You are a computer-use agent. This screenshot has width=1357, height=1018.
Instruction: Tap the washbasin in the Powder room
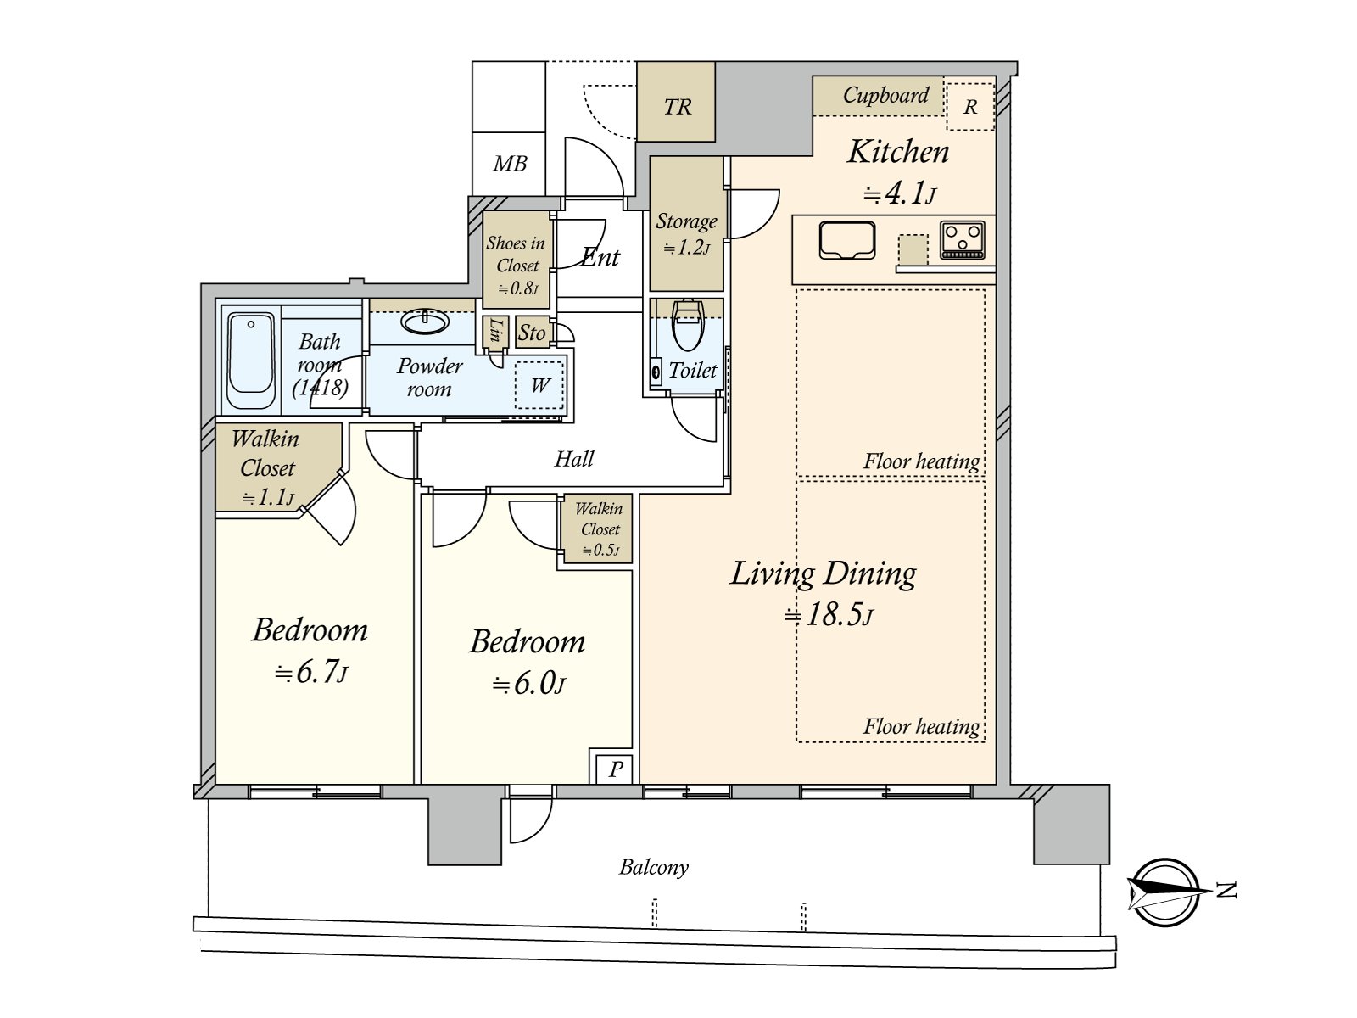point(425,322)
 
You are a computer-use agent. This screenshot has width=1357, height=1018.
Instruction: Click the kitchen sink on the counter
point(846,240)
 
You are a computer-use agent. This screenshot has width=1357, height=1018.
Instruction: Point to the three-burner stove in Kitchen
point(963,239)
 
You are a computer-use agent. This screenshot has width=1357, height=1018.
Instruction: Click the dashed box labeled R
point(969,107)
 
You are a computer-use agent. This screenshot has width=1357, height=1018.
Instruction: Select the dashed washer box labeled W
point(539,386)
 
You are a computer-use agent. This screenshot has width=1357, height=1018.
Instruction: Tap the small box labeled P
point(615,769)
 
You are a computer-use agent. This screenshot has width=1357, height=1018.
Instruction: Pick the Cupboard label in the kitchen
point(885,95)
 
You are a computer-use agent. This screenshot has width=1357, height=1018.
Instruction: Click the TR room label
point(677,107)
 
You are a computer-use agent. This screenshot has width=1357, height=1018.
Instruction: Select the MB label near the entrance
point(510,164)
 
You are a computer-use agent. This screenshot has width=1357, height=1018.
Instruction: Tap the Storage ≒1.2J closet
point(686,232)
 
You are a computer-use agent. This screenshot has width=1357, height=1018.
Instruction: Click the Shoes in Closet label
point(517,254)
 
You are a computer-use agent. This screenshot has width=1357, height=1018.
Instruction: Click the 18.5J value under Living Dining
point(828,615)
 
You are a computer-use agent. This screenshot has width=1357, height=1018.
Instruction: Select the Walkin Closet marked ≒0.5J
point(600,529)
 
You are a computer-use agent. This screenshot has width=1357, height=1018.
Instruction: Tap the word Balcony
point(653,867)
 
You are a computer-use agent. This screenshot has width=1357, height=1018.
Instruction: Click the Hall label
point(573,459)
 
